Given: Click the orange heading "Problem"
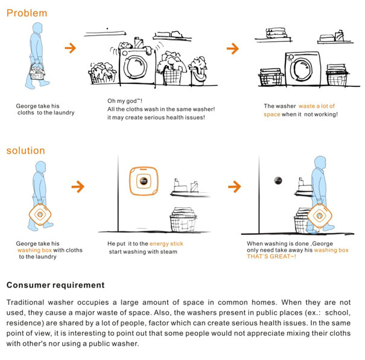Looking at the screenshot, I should [27, 13].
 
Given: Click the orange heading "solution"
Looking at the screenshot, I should [25, 150].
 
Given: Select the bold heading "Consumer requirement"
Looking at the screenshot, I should [56, 285].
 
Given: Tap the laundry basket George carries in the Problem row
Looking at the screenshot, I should [37, 72].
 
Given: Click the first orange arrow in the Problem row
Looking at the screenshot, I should [71, 48].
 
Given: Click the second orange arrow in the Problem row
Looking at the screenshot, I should [232, 48].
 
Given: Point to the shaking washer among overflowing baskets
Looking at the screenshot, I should [136, 65].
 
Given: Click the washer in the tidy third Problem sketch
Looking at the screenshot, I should [302, 67].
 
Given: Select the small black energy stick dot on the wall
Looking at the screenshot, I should [278, 179].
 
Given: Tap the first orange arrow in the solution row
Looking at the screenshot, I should [77, 187].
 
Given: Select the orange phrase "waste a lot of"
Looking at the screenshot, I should [320, 106].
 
